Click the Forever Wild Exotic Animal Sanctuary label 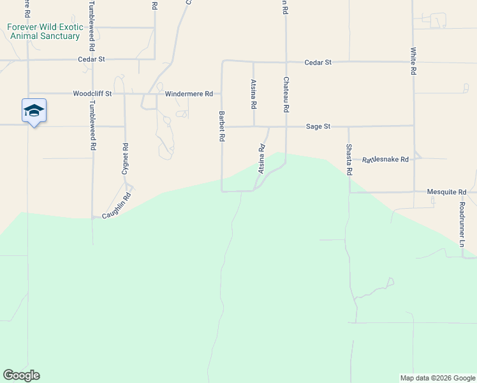[x=45, y=31]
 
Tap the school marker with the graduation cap [x=34, y=111]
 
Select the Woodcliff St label [x=92, y=93]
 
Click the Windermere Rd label [x=189, y=94]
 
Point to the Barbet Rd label [x=222, y=126]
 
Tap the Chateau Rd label [x=286, y=96]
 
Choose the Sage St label [x=318, y=126]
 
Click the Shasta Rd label [x=349, y=159]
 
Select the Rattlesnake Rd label [x=385, y=159]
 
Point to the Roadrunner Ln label [x=462, y=225]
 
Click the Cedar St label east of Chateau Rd [x=318, y=62]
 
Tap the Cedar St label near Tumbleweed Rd [x=91, y=59]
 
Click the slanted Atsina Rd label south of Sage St [x=261, y=159]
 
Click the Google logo [x=21, y=375]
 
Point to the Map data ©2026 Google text [x=437, y=378]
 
